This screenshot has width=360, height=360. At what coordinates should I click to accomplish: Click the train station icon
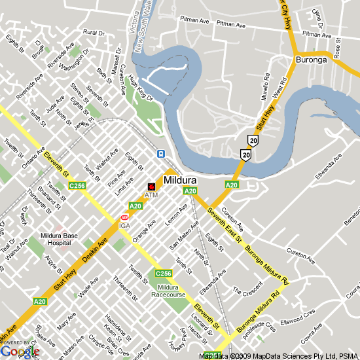pyautogui.click(x=160, y=154)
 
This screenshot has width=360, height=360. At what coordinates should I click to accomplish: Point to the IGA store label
pyautogui.click(x=124, y=226)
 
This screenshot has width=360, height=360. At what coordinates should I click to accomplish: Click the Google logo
pyautogui.click(x=20, y=351)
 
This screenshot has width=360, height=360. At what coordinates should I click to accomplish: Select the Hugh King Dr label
pyautogui.click(x=140, y=88)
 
